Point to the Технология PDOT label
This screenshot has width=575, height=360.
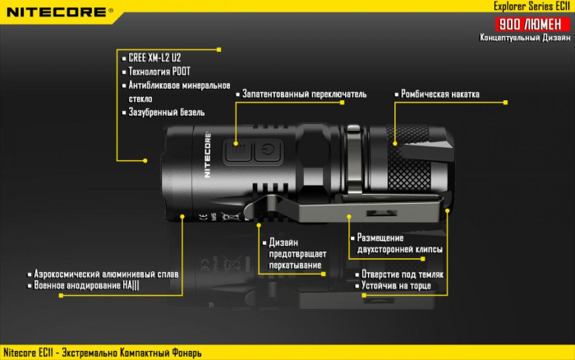(x=159, y=71)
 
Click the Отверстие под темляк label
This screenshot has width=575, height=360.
(x=402, y=275)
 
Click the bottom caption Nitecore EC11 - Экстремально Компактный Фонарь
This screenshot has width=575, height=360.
(x=103, y=353)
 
